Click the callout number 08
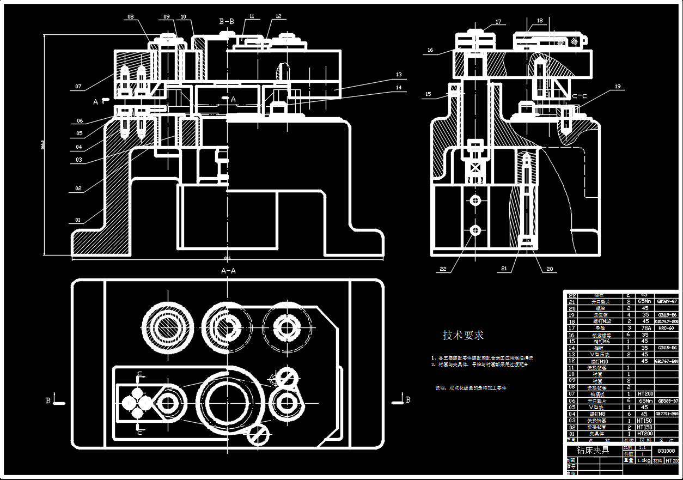pos(131,17)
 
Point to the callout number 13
pos(399,74)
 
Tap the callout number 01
pos(77,220)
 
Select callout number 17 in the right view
pos(498,22)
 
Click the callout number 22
pos(443,269)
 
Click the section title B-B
pos(227,22)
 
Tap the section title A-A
pos(228,271)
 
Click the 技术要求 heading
pos(463,335)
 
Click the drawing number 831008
pos(666,451)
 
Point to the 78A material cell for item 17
pos(645,328)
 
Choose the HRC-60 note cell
pos(666,328)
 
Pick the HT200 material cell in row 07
pos(645,394)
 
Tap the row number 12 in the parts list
pos(571,361)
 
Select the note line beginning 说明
pos(470,388)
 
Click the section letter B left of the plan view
pos(48,400)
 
